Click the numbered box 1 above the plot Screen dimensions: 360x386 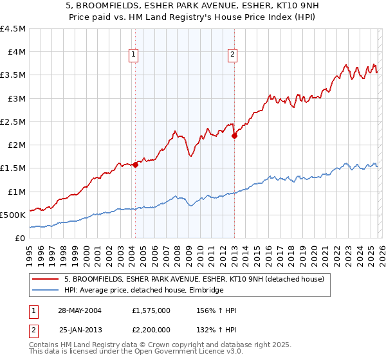133,55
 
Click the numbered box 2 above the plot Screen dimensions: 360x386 232,55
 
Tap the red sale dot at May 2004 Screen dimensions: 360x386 136,165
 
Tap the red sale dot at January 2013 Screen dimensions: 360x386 234,136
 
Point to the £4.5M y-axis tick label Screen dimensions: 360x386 13,29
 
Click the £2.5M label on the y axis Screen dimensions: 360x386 13,122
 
